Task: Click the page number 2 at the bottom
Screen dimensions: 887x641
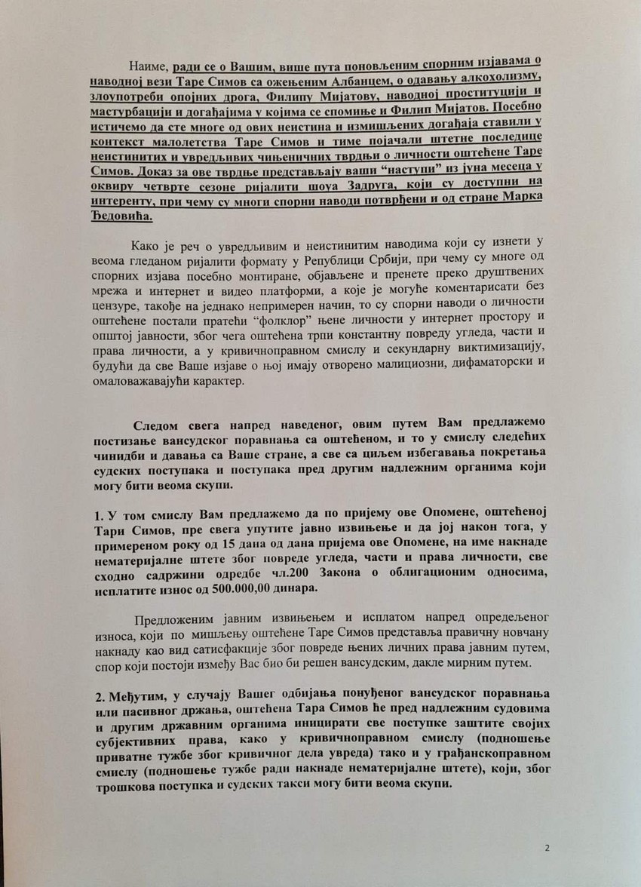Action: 547,847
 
